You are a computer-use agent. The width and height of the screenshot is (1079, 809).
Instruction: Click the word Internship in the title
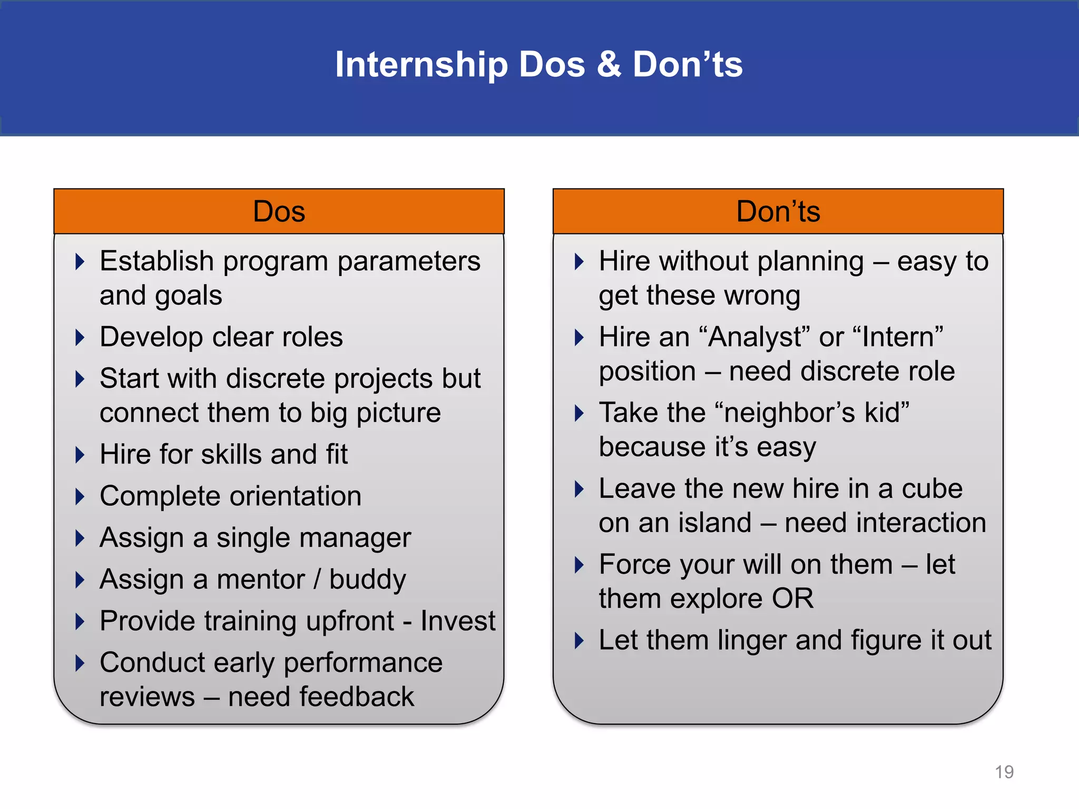click(421, 65)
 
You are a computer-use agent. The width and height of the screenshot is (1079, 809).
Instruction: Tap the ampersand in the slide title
click(609, 65)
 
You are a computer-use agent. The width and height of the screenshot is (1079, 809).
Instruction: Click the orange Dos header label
click(279, 212)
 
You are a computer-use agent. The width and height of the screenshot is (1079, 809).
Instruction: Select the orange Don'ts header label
click(778, 212)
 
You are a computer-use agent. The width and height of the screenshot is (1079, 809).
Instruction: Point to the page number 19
click(1004, 772)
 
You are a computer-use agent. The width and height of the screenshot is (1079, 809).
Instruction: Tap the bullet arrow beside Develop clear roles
click(80, 338)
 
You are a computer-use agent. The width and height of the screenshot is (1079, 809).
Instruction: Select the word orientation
click(296, 497)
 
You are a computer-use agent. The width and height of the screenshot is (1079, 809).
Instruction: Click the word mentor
click(260, 580)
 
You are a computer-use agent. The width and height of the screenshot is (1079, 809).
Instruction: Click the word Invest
click(457, 621)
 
